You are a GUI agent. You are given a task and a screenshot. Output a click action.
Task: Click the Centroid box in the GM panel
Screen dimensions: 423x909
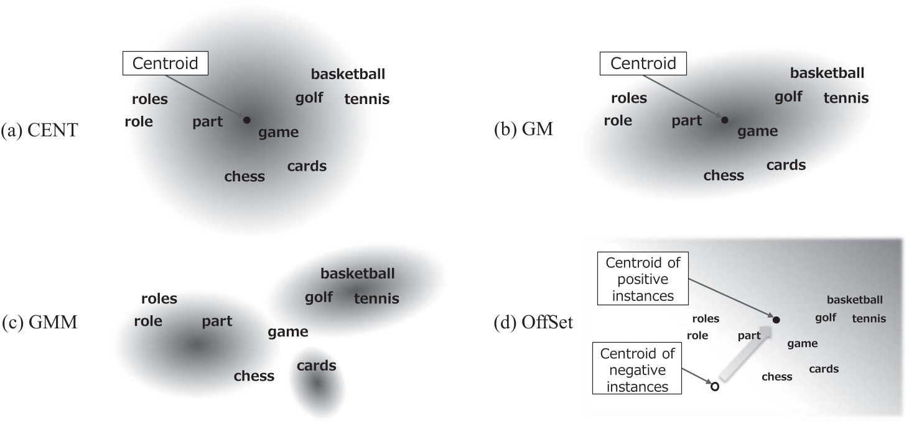643,63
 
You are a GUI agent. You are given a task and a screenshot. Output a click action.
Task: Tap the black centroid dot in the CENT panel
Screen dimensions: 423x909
246,120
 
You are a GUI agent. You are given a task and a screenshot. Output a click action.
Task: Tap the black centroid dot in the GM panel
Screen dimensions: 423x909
724,120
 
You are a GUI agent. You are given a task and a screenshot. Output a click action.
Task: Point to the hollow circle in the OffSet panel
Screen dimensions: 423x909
714,387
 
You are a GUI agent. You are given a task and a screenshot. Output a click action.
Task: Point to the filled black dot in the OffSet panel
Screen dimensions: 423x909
776,320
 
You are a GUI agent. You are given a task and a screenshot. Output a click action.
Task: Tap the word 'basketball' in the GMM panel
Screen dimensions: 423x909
357,273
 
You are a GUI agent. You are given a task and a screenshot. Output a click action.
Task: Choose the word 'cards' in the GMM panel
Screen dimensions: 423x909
316,366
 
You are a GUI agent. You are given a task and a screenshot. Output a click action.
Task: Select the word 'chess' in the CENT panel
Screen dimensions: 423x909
245,176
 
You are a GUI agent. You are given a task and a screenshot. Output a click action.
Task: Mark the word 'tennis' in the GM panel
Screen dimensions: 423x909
846,98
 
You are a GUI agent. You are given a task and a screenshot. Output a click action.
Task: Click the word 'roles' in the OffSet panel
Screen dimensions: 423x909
706,319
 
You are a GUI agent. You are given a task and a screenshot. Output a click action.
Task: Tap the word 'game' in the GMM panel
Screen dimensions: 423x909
288,332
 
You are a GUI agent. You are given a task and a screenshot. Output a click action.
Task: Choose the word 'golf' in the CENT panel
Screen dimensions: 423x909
309,98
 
